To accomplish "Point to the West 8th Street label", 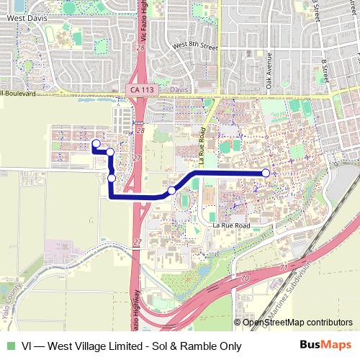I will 194,46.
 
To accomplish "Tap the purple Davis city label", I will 180,91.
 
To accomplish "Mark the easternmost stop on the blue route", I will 266,173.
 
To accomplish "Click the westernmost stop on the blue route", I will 95,144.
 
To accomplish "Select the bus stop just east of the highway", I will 171,190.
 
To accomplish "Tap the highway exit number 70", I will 245,276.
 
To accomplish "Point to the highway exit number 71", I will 283,268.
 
